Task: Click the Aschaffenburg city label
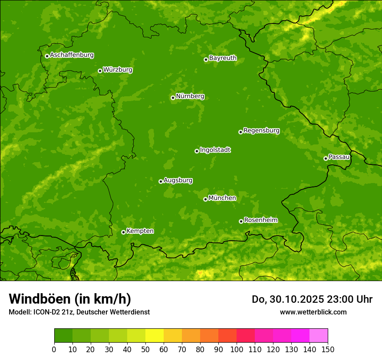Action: click(x=72, y=55)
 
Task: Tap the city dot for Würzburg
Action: click(x=100, y=71)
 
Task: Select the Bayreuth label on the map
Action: click(x=223, y=58)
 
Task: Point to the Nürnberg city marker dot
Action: click(x=173, y=98)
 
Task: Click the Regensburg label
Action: click(x=261, y=131)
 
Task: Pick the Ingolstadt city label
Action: click(x=215, y=150)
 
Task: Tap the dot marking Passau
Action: click(x=326, y=158)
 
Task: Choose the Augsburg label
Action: click(x=178, y=180)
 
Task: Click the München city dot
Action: click(x=205, y=199)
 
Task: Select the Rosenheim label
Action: click(x=260, y=220)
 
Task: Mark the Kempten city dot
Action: click(x=123, y=232)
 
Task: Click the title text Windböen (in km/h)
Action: click(x=70, y=299)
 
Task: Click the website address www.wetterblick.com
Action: click(x=313, y=312)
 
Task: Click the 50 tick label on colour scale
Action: click(x=145, y=350)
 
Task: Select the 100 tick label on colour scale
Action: click(x=237, y=350)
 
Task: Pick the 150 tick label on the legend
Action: click(x=328, y=350)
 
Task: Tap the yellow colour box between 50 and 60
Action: click(x=155, y=336)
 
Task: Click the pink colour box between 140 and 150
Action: click(x=319, y=336)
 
